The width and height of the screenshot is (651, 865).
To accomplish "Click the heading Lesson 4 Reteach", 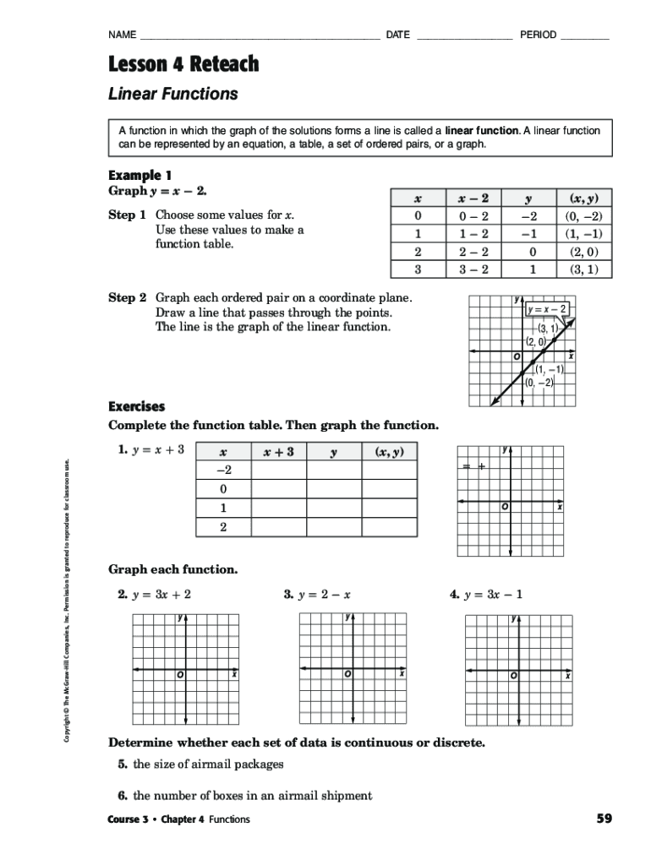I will (x=183, y=64).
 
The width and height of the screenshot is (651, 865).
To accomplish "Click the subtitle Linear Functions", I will (x=173, y=94).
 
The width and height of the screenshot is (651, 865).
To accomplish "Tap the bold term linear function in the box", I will (x=482, y=131).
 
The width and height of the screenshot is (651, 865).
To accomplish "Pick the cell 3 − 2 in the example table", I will (x=473, y=269).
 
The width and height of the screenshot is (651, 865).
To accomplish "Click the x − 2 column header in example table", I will (x=473, y=199).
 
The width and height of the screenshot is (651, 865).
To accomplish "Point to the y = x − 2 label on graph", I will (x=548, y=308).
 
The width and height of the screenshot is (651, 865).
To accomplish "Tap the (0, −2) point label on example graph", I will (x=539, y=383).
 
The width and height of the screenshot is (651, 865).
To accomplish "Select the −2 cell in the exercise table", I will (x=223, y=471).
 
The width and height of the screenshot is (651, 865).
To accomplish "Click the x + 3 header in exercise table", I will (x=278, y=452).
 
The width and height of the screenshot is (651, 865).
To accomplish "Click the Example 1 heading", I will (x=140, y=175).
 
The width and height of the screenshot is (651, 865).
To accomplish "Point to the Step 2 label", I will (x=128, y=298).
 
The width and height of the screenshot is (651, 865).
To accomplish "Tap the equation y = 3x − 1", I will (x=494, y=594).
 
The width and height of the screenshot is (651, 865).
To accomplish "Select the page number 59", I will (x=604, y=819).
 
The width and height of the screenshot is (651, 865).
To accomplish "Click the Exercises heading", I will (x=137, y=406).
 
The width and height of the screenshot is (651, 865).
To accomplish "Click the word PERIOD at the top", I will (x=538, y=35).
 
